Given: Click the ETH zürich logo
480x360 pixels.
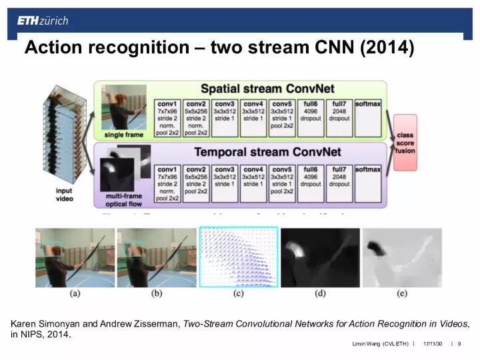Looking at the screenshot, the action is [x=43, y=21].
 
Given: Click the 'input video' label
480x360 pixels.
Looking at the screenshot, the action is [x=65, y=195].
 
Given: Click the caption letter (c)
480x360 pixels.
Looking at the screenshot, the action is [x=237, y=293].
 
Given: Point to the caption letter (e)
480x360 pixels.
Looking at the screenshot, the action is [x=402, y=293].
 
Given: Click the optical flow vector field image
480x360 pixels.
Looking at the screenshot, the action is [x=238, y=257].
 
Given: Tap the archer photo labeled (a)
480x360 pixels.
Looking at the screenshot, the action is [x=75, y=257].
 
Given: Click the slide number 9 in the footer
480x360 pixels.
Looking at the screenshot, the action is [x=460, y=344].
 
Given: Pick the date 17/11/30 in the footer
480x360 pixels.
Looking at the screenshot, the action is [x=433, y=344].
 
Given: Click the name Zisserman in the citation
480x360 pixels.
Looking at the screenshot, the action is [x=154, y=324].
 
